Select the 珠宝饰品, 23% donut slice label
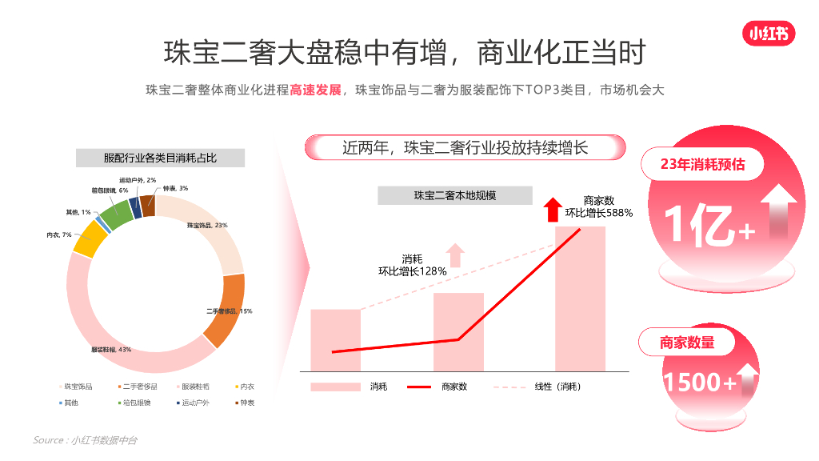click(x=207, y=226)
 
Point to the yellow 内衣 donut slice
click(x=90, y=239)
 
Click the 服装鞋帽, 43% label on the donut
click(x=111, y=350)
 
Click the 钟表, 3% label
click(x=175, y=188)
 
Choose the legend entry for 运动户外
click(x=191, y=403)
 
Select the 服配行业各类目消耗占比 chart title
click(x=160, y=158)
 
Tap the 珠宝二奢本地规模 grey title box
click(x=454, y=195)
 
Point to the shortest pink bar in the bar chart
click(x=335, y=339)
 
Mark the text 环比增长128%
click(x=413, y=271)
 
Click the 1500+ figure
click(x=699, y=383)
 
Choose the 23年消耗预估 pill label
click(x=702, y=164)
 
